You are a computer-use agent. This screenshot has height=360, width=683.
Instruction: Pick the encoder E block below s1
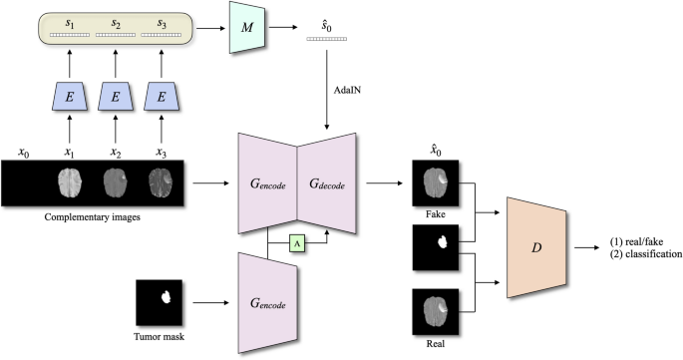click(x=69, y=99)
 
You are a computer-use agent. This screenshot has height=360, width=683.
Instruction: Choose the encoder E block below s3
click(x=163, y=99)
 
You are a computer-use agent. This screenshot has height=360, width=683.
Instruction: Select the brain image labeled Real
click(x=435, y=310)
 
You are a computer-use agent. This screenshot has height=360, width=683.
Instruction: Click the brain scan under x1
click(x=69, y=182)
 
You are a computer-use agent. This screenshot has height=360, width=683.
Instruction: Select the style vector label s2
click(x=117, y=21)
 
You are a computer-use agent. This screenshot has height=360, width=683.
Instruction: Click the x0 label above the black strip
click(x=23, y=152)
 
